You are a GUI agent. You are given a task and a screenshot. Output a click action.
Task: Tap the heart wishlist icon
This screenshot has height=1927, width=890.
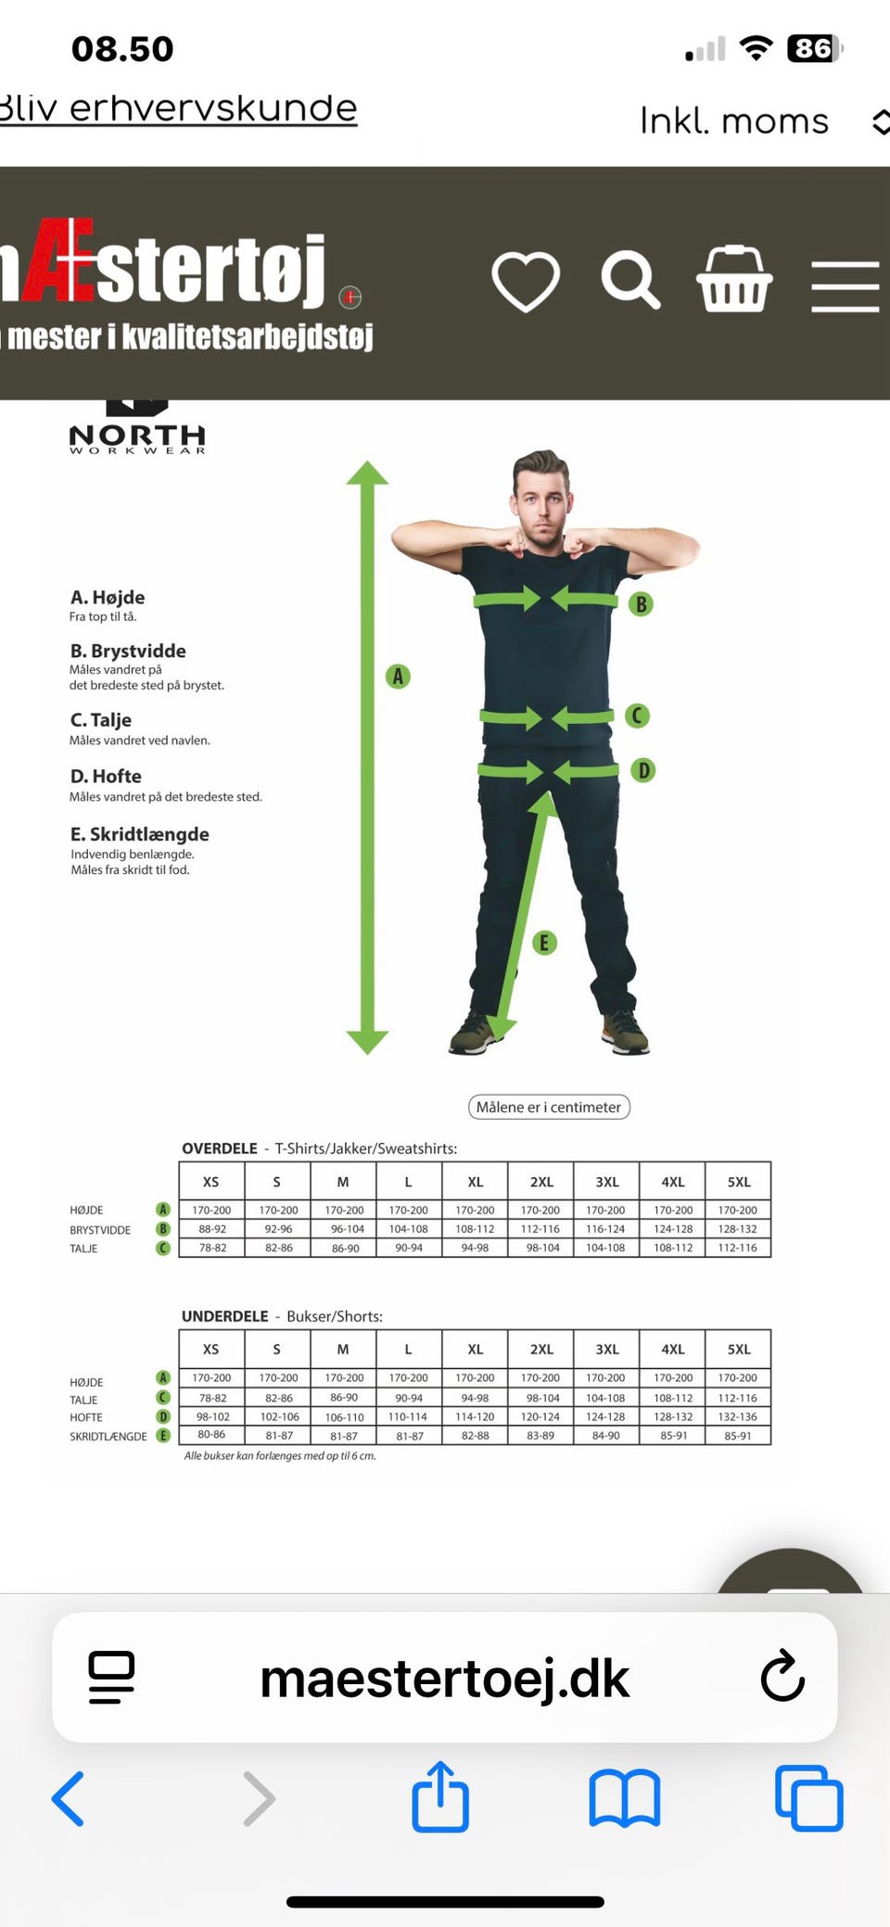[526, 281]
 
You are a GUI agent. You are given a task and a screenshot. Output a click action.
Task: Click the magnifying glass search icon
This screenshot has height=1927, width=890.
[630, 279]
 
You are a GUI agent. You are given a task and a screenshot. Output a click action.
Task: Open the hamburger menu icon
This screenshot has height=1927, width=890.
[845, 286]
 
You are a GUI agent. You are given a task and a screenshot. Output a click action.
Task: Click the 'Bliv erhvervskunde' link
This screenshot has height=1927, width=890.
[178, 108]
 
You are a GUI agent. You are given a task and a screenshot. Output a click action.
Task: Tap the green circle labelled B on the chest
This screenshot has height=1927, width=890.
[641, 604]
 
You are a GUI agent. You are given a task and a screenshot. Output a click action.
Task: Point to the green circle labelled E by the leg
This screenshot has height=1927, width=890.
[544, 943]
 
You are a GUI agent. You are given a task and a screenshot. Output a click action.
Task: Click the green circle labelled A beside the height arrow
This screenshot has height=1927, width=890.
[398, 676]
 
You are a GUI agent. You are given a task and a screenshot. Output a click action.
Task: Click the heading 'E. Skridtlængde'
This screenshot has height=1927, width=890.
[140, 834]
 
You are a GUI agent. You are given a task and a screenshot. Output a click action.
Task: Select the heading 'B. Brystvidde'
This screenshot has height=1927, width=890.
[128, 651]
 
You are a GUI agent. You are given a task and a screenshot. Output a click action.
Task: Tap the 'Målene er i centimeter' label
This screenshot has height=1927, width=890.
[549, 1107]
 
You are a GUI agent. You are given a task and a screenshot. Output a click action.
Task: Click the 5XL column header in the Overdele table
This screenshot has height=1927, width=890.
[738, 1182]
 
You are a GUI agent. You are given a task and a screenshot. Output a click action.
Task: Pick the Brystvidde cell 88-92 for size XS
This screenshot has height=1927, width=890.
[212, 1229]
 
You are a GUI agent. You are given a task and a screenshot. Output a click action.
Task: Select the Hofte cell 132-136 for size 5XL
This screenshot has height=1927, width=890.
[738, 1416]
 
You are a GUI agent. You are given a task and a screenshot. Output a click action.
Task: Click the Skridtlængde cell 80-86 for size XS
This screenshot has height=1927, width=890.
[211, 1434]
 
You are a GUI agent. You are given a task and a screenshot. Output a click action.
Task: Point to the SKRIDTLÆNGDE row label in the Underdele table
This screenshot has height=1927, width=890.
[108, 1436]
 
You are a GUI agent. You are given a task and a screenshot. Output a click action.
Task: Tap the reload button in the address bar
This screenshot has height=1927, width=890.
[782, 1676]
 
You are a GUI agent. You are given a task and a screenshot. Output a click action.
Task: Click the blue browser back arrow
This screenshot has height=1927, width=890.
[68, 1798]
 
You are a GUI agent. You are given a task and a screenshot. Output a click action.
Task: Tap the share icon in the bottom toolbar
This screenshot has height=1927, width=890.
[440, 1796]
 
